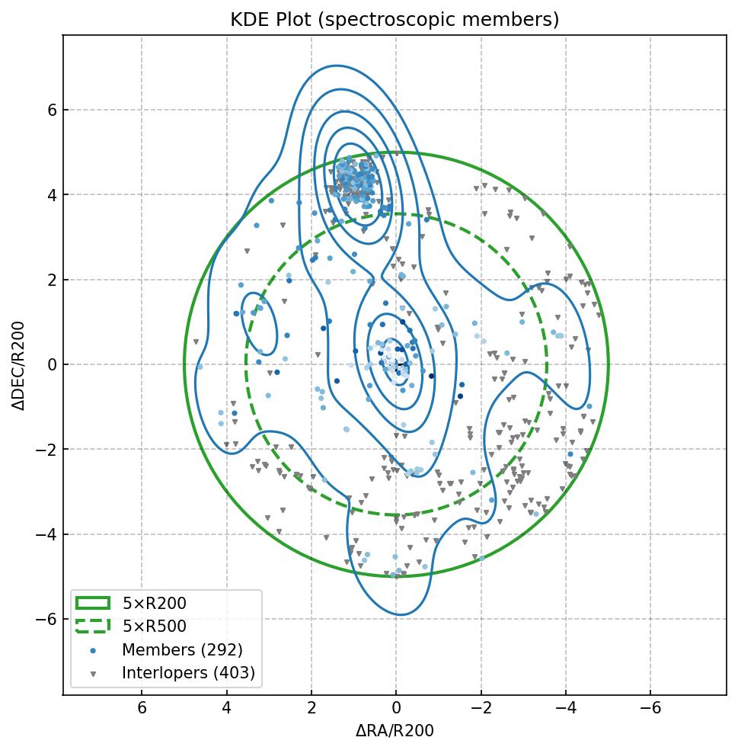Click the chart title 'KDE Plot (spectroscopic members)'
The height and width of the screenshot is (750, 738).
tap(395, 20)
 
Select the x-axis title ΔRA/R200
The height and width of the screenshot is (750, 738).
tap(395, 731)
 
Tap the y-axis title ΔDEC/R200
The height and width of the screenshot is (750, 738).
tap(19, 365)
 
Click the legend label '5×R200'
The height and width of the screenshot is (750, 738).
tap(155, 604)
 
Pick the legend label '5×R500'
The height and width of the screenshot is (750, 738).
tap(155, 627)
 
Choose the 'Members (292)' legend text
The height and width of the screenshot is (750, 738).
tap(182, 650)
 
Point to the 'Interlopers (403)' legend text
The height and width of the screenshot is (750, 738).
tap(188, 673)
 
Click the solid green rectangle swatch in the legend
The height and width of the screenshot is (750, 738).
tap(93, 604)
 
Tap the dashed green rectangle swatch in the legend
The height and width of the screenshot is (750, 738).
tap(93, 627)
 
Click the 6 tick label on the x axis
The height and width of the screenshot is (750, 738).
tap(142, 708)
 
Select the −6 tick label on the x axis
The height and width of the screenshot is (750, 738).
tap(650, 708)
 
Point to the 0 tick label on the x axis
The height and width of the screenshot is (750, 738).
tap(396, 708)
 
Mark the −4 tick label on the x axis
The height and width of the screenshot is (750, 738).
tap(565, 708)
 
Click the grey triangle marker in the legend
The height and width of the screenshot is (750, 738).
tap(93, 674)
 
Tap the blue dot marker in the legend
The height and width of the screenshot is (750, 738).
tap(93, 650)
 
